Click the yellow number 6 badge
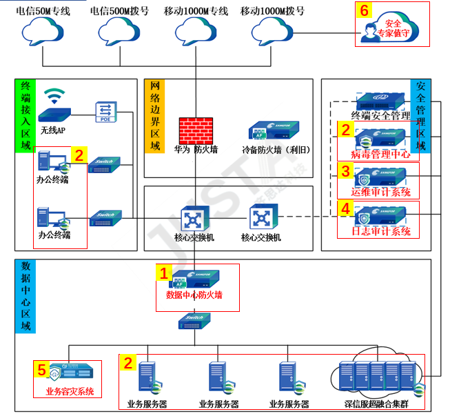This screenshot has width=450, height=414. (365, 11)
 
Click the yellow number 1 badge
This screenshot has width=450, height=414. (163, 273)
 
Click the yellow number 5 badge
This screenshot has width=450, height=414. (42, 370)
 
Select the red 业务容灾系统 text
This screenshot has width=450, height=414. (69, 391)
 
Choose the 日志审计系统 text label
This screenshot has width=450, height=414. (381, 231)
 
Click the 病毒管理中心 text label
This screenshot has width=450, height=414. (381, 154)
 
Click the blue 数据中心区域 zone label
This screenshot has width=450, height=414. (25, 296)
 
